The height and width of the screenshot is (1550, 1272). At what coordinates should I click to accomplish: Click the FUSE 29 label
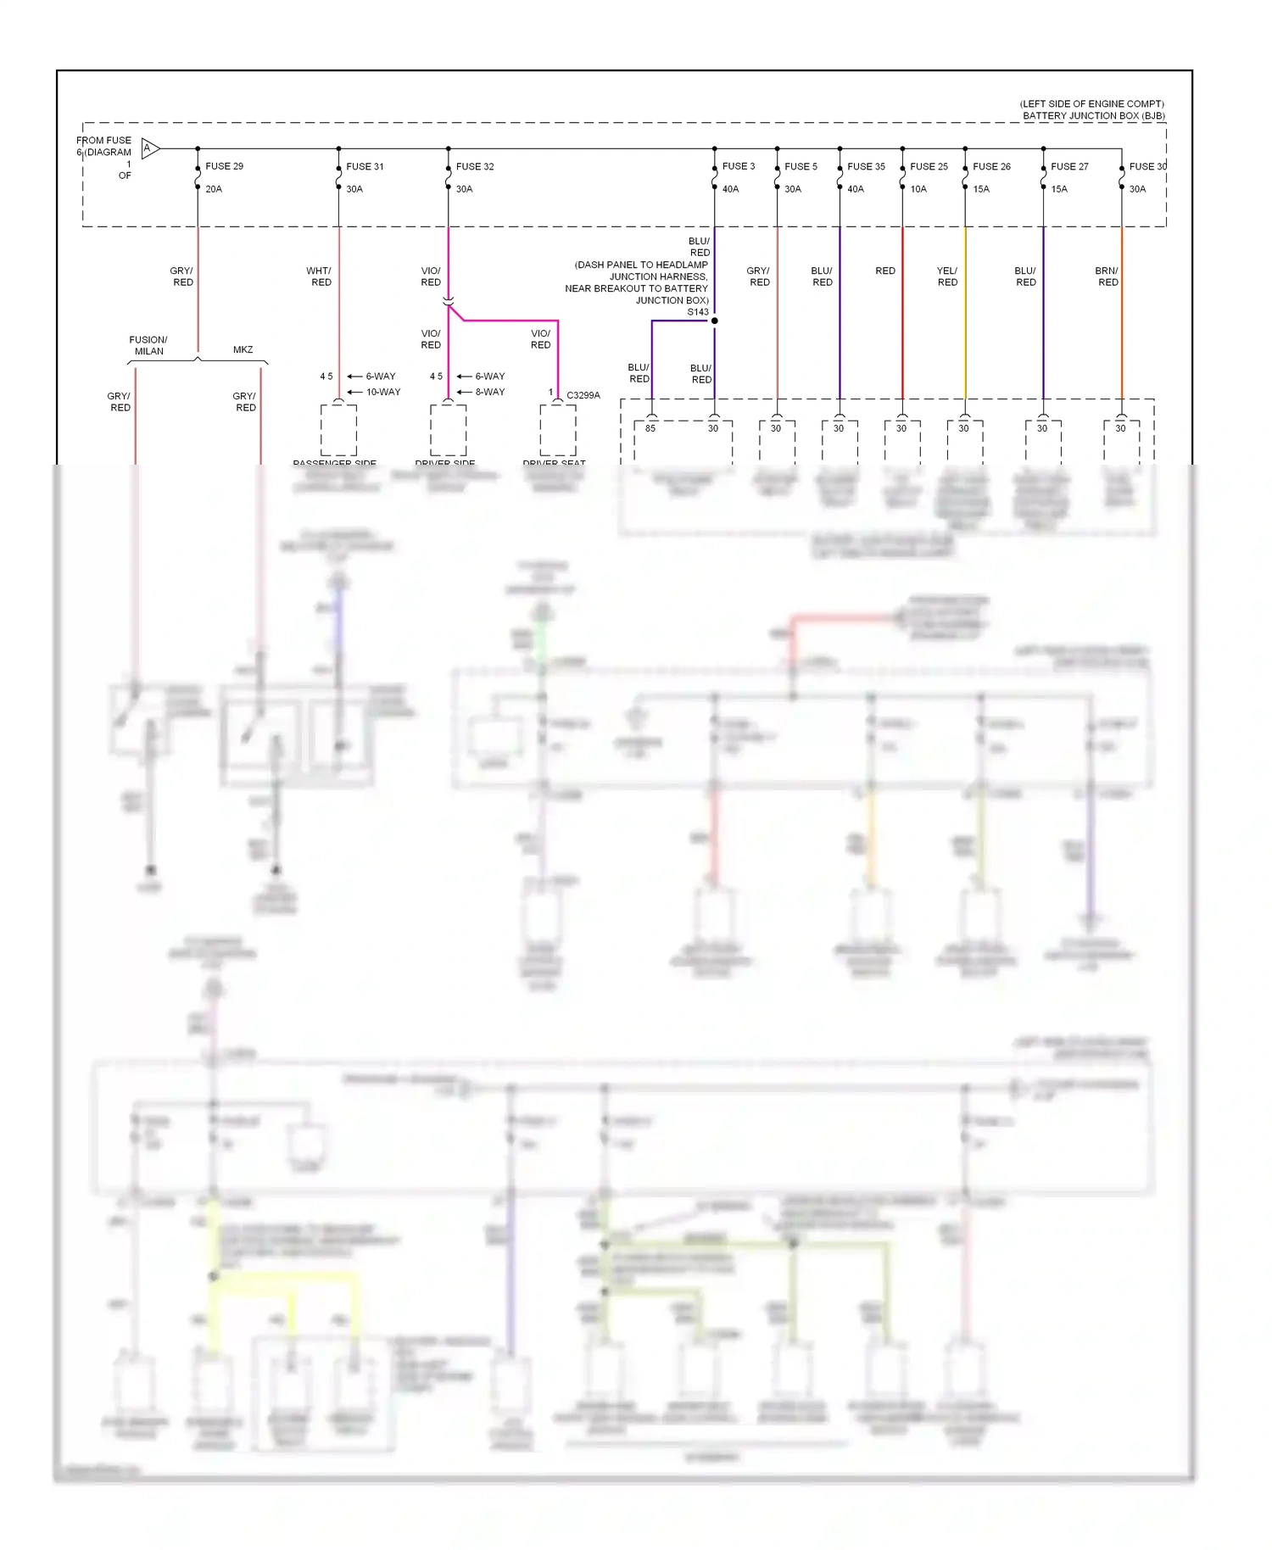coord(224,166)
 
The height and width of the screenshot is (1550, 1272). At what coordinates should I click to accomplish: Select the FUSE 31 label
coord(365,166)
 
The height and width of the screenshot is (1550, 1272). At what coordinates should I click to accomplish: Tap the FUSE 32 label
coord(475,166)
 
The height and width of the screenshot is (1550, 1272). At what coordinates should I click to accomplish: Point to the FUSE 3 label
coord(738,166)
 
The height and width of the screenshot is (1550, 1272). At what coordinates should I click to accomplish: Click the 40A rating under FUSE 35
coord(856,189)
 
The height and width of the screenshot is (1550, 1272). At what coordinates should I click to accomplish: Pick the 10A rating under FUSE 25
coord(918,189)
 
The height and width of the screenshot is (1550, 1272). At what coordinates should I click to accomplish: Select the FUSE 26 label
coord(991,166)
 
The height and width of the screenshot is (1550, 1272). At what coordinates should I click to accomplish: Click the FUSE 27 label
coord(1069,166)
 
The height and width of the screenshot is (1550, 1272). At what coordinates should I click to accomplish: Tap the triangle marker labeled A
coord(149,149)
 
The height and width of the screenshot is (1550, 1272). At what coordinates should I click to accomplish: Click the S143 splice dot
coord(715,321)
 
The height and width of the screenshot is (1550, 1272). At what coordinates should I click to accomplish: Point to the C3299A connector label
coord(583,395)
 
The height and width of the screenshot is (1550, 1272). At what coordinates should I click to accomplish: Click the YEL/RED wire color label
coord(947,276)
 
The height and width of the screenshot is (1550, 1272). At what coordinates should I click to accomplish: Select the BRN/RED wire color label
coord(1107,276)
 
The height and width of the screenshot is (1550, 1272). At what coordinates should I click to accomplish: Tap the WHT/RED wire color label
coord(320,276)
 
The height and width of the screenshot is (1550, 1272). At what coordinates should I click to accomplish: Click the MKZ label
coord(243,349)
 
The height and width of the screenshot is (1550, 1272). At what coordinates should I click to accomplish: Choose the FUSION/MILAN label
coord(148,345)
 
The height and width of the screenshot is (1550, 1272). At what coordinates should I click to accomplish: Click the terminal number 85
coord(650,428)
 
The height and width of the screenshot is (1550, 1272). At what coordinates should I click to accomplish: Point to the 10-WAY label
coord(383,392)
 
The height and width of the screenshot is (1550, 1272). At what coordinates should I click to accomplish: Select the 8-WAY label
coord(490,392)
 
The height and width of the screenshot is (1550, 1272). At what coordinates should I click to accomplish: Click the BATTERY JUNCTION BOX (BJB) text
coord(1093,115)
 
